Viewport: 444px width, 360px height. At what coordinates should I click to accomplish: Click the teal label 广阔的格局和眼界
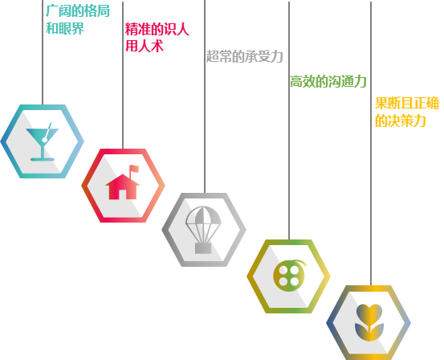click(x=78, y=19)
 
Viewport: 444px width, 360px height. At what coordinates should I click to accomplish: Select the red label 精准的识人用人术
click(x=157, y=37)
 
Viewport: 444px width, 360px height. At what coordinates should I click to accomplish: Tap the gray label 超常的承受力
click(x=245, y=56)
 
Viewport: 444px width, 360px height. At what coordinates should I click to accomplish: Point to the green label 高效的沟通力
click(x=328, y=82)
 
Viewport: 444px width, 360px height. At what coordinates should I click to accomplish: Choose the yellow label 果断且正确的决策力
click(x=407, y=112)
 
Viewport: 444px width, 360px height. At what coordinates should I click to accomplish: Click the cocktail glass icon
click(x=43, y=141)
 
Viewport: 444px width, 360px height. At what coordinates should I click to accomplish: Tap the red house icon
click(x=123, y=182)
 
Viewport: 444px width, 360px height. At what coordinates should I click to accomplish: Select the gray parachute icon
click(x=203, y=230)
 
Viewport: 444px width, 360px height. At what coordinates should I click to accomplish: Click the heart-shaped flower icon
click(x=369, y=322)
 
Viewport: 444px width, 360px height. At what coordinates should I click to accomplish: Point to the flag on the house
click(x=134, y=169)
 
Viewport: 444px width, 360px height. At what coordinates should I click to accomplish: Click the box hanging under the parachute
click(x=203, y=248)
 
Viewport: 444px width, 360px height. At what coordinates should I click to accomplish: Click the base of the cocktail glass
click(x=43, y=159)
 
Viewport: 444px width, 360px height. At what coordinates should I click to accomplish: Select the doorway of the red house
click(x=122, y=194)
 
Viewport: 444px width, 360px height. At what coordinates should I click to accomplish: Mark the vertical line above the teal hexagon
click(x=43, y=52)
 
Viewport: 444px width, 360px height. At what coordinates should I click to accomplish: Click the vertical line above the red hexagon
click(x=123, y=75)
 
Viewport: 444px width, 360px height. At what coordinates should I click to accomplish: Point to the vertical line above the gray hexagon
click(x=205, y=96)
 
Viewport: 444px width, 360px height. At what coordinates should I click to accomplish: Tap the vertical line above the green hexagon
click(x=289, y=121)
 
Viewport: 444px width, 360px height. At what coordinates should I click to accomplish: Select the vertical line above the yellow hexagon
click(x=371, y=144)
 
